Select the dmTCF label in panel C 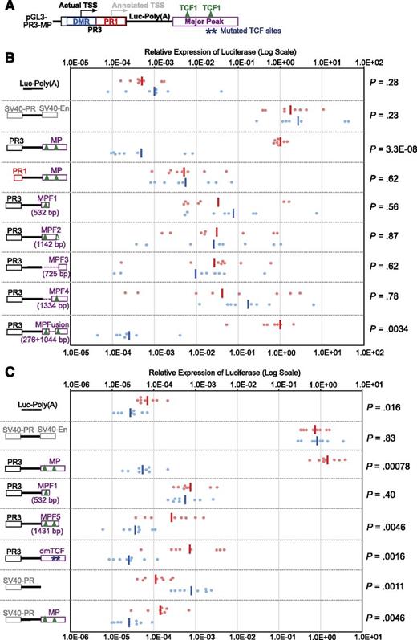point(52,552)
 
